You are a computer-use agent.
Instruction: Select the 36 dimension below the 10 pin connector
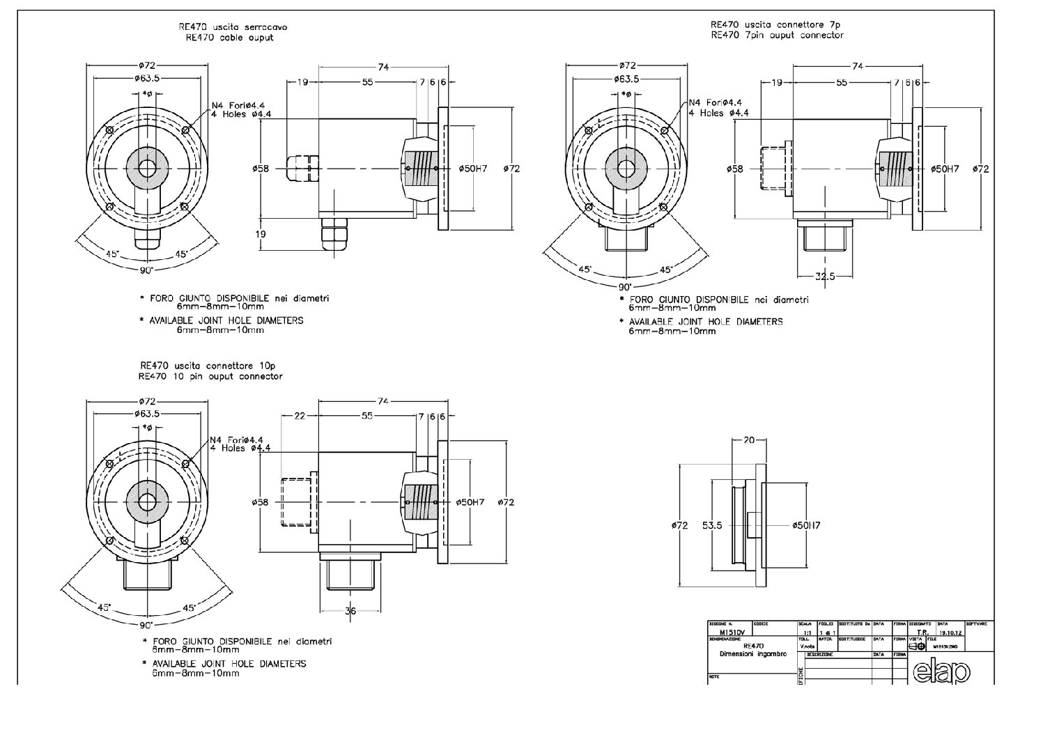tap(350, 611)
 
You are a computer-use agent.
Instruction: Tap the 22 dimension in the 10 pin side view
tap(300, 416)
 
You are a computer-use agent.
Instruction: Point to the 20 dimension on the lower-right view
tap(749, 440)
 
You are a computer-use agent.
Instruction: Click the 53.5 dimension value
tap(711, 525)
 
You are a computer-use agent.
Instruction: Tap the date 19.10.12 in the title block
tap(950, 633)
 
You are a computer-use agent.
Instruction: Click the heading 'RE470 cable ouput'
tap(229, 38)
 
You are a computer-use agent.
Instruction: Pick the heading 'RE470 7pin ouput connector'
tap(777, 35)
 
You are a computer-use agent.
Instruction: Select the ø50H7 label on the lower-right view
tap(806, 525)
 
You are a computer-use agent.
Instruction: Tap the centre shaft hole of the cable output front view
tap(147, 169)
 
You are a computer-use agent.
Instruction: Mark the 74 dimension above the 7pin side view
tap(857, 66)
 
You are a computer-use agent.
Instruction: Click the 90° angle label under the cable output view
tap(146, 270)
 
